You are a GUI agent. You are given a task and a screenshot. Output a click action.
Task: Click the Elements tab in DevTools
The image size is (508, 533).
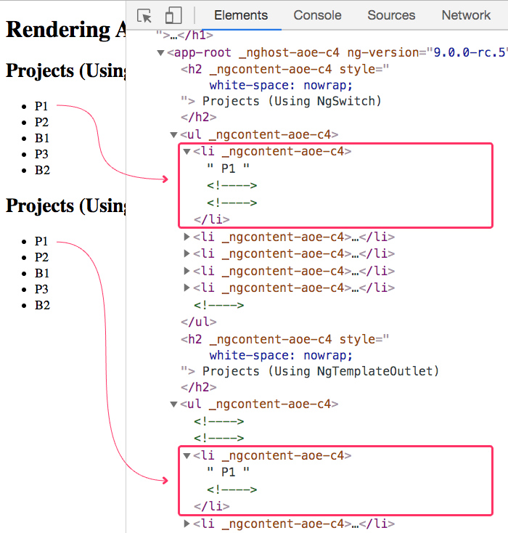[241, 15]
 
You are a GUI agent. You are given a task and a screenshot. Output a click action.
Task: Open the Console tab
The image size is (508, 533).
[317, 15]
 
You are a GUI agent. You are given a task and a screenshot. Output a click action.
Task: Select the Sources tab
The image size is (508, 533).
[391, 15]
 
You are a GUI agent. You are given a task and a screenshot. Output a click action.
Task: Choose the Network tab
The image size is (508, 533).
[466, 15]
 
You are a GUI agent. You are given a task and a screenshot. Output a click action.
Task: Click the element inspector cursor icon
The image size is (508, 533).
[144, 16]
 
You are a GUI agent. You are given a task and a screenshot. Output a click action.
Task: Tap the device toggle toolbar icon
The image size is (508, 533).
[173, 16]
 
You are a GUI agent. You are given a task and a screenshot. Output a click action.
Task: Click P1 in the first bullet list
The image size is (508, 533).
[41, 106]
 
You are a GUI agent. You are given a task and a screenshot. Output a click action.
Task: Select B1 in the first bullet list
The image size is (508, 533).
[41, 138]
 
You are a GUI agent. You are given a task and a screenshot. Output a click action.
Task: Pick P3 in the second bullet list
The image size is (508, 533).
[41, 289]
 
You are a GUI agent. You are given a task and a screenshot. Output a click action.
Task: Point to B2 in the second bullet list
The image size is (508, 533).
[41, 305]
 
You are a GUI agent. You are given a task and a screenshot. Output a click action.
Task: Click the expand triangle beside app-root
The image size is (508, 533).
[160, 53]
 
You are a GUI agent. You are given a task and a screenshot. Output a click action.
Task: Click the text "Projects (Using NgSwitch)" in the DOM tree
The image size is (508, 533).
[292, 101]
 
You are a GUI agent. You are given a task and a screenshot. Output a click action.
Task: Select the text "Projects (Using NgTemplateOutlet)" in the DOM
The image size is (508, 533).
[321, 371]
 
